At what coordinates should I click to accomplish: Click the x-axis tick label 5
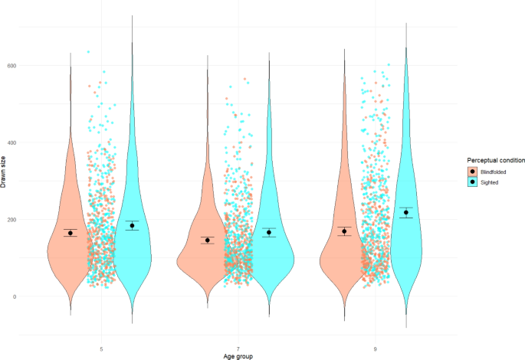tap(102, 349)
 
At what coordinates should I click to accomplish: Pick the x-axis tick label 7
tap(238, 349)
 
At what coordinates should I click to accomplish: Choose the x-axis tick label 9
tap(376, 349)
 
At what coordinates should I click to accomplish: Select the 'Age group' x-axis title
tap(238, 356)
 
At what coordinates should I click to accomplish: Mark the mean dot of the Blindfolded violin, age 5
tap(71, 233)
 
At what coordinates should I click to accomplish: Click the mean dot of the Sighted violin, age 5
tap(133, 225)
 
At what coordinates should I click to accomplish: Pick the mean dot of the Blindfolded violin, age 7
tap(208, 240)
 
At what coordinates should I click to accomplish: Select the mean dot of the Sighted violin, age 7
tap(269, 232)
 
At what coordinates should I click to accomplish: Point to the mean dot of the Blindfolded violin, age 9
tap(345, 231)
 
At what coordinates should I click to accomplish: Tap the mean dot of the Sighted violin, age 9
tap(406, 212)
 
